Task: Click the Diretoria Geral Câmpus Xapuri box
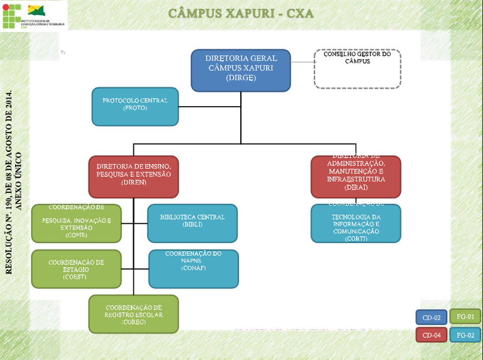click(x=241, y=70)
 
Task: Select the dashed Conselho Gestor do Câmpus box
click(x=357, y=68)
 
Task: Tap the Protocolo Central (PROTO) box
click(x=135, y=106)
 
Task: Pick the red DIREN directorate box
click(x=133, y=177)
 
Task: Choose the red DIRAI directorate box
click(x=356, y=177)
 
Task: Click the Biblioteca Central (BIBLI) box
click(x=192, y=223)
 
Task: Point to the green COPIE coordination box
click(x=77, y=223)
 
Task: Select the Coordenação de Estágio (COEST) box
click(x=77, y=269)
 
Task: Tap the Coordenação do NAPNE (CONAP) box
click(x=194, y=268)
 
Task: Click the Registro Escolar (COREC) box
click(x=134, y=314)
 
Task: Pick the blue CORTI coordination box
click(x=356, y=223)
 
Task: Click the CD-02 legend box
click(x=431, y=317)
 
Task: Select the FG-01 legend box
click(x=465, y=317)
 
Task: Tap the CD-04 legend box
click(x=431, y=335)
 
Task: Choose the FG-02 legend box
click(x=465, y=335)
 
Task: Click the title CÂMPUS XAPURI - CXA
click(x=241, y=13)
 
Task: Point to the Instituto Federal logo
click(x=34, y=15)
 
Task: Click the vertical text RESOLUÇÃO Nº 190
click(x=9, y=182)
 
